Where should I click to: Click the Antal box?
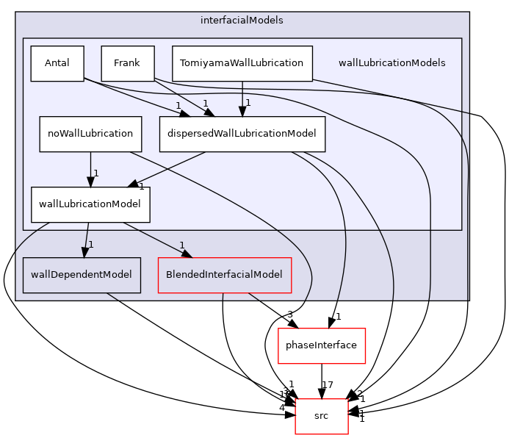point(57,63)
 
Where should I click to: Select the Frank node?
point(127,63)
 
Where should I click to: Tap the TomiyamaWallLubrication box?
point(242,63)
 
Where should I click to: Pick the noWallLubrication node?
point(90,134)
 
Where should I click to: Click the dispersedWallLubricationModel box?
point(242,134)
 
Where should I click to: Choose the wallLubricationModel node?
point(90,204)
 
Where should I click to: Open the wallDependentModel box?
point(82,275)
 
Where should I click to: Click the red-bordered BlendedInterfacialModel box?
point(225,275)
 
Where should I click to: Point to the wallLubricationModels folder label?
point(391,63)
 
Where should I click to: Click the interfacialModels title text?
point(242,20)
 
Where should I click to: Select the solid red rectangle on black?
point(322,345)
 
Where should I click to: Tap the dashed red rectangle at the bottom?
point(322,416)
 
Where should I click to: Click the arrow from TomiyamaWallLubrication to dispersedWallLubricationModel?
point(242,98)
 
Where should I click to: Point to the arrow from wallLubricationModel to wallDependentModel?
point(85,240)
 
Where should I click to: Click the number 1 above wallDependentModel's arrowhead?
point(91,244)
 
